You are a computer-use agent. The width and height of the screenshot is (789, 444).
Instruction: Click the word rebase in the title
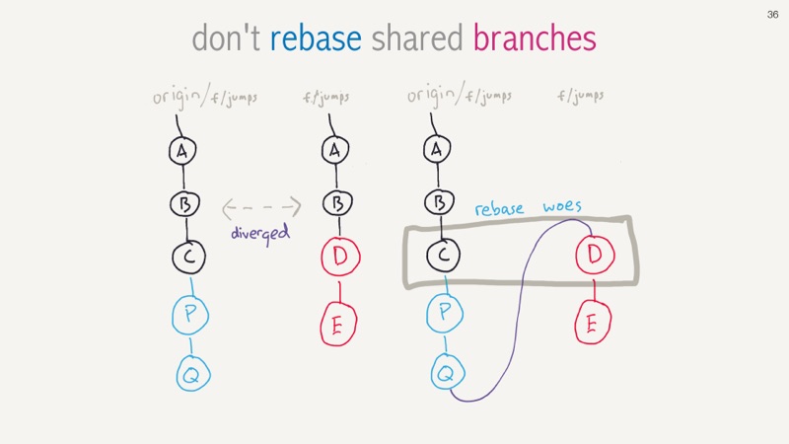tap(316, 38)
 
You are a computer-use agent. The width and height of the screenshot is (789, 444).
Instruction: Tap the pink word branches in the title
tap(535, 38)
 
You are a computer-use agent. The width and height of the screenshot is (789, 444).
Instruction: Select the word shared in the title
tap(416, 38)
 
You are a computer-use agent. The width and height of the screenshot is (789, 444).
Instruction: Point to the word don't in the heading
tap(226, 38)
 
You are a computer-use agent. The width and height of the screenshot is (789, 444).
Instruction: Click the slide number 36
tap(772, 15)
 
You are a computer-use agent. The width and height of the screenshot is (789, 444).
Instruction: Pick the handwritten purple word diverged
tap(260, 234)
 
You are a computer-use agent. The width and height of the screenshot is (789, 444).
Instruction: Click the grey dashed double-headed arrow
tap(261, 207)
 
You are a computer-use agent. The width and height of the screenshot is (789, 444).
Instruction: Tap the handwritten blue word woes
tap(562, 206)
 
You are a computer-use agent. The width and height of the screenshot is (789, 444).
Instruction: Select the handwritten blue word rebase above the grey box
tap(499, 209)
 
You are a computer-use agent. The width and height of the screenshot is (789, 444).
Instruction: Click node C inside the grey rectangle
tap(443, 255)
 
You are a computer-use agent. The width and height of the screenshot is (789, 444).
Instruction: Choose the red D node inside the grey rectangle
tap(595, 255)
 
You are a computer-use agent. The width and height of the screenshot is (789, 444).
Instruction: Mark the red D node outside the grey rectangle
tap(340, 257)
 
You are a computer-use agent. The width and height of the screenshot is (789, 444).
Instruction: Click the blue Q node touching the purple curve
tap(448, 373)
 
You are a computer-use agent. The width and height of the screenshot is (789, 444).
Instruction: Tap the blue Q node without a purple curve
tap(192, 374)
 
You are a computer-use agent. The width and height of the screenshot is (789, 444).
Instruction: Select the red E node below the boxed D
tap(593, 323)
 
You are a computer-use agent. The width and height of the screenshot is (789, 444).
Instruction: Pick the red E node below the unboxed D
tap(338, 325)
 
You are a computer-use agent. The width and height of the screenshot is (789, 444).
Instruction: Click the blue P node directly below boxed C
tap(445, 313)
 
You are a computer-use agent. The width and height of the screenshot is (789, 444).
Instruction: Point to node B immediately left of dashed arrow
tap(184, 204)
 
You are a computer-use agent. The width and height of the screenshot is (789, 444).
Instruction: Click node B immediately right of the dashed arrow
tap(337, 203)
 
